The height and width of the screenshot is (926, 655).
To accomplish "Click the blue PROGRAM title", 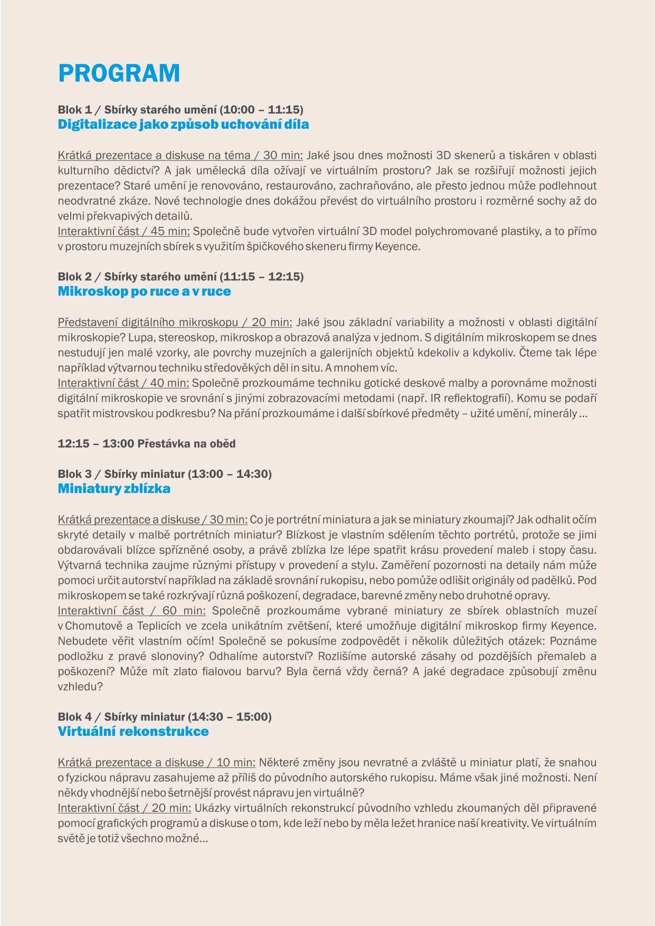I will click(x=119, y=73).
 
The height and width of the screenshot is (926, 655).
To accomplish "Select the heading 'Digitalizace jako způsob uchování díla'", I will click(x=183, y=125).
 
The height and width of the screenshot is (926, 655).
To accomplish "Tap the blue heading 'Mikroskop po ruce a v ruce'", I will click(x=144, y=291).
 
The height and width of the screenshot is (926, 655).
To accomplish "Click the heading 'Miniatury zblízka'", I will click(x=114, y=489).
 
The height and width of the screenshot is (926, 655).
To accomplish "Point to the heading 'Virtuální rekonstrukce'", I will click(x=133, y=732).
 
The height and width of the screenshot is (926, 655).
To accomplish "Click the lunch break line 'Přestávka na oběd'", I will click(x=186, y=443).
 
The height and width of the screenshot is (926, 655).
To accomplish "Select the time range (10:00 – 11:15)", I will click(x=262, y=110).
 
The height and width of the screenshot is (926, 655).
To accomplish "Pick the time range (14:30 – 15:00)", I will click(x=230, y=717).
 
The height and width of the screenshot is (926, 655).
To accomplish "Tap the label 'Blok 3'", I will click(x=74, y=474).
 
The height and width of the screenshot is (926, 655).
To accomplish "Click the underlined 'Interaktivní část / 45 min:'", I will click(x=124, y=231).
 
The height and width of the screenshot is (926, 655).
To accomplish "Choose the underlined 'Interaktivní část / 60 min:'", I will click(x=131, y=611).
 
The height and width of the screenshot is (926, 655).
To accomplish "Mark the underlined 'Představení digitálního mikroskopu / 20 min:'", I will click(x=175, y=323).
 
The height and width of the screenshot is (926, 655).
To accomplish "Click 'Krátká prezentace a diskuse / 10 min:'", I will click(x=156, y=762).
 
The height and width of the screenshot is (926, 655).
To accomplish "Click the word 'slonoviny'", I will click(x=175, y=656).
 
